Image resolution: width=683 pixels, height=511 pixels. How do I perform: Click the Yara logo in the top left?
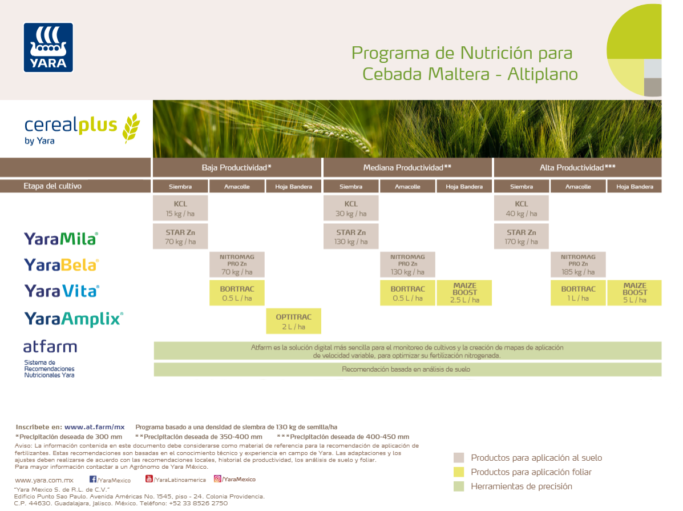(48, 47)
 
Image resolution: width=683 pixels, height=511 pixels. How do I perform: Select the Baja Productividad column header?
(236, 168)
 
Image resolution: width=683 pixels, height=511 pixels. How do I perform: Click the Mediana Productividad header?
(407, 168)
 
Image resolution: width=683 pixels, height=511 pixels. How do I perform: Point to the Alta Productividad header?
(577, 168)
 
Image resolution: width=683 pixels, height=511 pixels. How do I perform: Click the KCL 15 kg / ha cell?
(180, 208)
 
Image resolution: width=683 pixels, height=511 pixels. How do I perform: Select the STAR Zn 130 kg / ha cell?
(351, 237)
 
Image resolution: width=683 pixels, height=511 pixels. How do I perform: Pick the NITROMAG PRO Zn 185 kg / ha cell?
(578, 265)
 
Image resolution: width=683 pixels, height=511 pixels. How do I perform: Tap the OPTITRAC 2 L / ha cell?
(294, 321)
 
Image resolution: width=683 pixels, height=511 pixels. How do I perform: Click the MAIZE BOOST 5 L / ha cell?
(634, 292)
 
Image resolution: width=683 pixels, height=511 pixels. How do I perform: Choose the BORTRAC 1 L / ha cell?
(578, 293)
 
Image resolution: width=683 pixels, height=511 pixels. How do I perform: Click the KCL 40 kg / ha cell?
(522, 208)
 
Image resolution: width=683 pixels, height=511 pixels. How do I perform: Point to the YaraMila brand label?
(60, 239)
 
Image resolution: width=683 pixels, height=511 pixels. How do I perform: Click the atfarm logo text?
(50, 347)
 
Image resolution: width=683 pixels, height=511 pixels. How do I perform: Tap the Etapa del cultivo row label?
(52, 186)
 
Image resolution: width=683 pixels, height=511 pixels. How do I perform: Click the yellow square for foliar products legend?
(459, 472)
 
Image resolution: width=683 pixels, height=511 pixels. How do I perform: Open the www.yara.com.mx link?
(44, 480)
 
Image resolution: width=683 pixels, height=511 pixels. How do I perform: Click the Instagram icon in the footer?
(217, 479)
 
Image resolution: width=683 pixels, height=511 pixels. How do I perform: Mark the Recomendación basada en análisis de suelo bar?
(406, 369)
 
